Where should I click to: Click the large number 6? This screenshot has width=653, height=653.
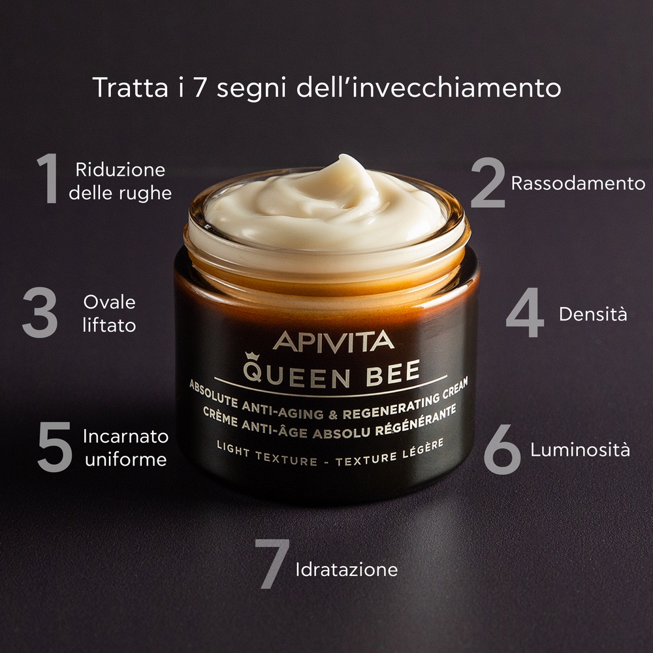[x=502, y=450]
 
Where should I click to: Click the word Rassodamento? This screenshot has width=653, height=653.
[x=578, y=183]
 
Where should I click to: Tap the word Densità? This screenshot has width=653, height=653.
[x=593, y=314]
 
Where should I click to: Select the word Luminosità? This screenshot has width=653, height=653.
[x=580, y=450]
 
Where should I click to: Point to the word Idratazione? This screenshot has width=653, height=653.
[x=346, y=569]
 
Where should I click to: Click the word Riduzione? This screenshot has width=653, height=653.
[x=120, y=170]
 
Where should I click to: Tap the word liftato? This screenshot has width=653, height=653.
[x=109, y=325]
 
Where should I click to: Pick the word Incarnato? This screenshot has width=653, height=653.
[x=125, y=436]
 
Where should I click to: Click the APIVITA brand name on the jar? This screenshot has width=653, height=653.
[x=333, y=341]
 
